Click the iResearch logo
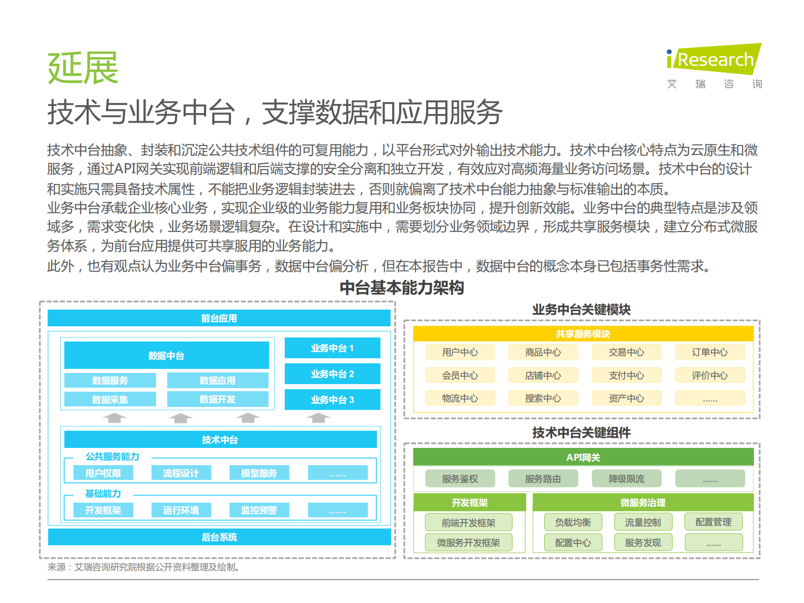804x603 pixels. pos(713,59)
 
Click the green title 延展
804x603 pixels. pos(83,68)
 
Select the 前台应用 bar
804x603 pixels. pos(219,318)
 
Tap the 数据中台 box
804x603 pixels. pos(166,355)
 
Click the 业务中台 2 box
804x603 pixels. pos(332,374)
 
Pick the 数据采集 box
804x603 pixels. pos(110,399)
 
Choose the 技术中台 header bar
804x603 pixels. pos(220,439)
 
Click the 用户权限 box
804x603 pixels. pos(103,473)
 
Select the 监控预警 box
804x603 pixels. pos(259,510)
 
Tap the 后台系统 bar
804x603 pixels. pos(219,537)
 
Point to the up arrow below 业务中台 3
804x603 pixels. pos(318,418)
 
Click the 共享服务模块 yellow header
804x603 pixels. pos(583,333)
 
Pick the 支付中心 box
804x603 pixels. pos(626,375)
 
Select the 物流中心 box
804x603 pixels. pos(460,398)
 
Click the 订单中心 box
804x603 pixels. pos(709,352)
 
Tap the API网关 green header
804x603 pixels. pos(583,457)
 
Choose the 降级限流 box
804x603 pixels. pos(626,479)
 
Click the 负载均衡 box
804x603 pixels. pos(572,522)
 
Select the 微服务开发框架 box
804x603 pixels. pos(468,543)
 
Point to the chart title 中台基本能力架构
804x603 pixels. pos(402,288)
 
